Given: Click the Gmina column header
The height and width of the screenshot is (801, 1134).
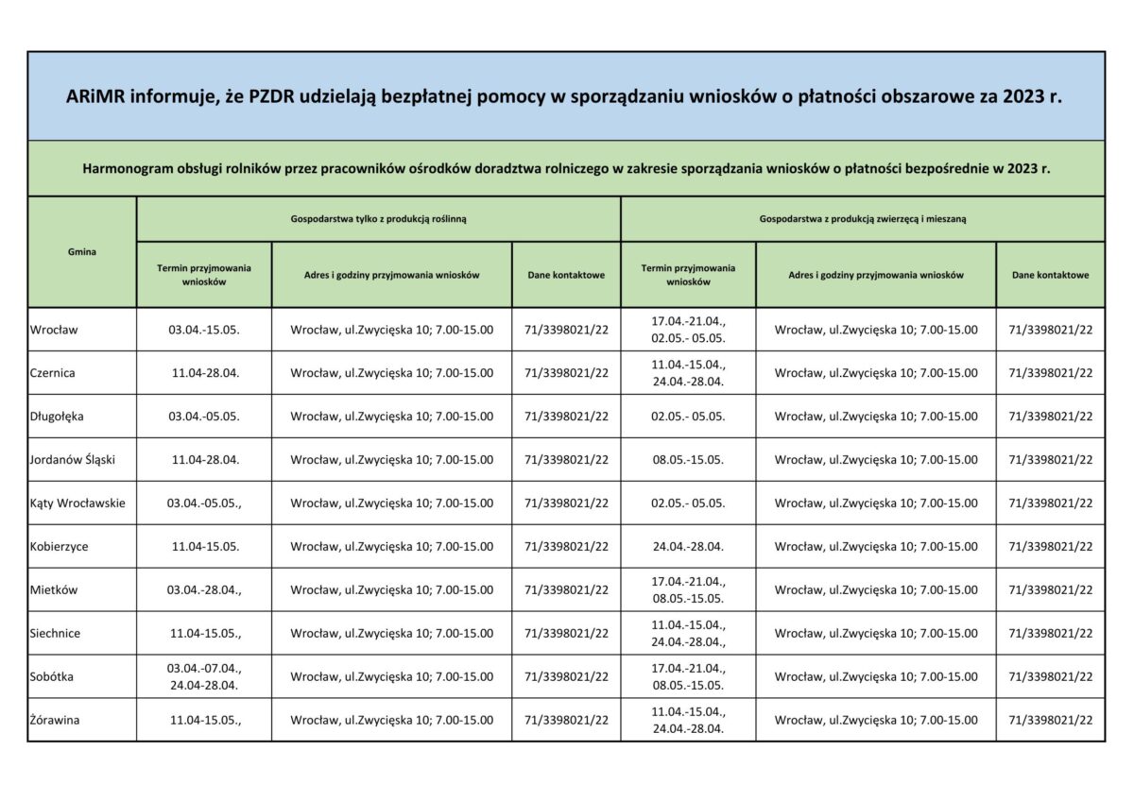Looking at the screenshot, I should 82,252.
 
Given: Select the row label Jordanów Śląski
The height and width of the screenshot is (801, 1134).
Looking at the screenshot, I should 72,460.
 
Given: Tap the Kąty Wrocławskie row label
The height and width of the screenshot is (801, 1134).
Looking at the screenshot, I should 77,503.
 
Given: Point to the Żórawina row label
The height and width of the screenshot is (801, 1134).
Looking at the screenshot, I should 55,720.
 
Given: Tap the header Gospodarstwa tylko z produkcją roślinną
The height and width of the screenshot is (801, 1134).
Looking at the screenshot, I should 378,218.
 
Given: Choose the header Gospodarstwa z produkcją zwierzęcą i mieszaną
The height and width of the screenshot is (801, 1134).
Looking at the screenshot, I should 862,218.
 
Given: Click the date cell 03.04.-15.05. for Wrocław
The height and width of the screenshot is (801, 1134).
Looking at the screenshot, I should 204,331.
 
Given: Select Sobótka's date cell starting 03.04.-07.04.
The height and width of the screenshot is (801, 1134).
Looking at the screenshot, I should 204,676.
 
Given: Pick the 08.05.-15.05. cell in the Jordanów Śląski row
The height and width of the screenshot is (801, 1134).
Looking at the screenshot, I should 688,460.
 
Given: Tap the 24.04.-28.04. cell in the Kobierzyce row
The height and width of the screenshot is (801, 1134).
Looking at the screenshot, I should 688,547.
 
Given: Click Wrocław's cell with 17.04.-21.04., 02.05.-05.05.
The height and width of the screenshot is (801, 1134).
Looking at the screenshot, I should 688,330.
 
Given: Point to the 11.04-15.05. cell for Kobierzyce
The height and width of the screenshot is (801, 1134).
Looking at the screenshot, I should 204,547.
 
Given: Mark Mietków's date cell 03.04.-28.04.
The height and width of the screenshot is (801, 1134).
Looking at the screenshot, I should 204,590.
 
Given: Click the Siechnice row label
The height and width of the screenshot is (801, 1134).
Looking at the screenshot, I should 55,633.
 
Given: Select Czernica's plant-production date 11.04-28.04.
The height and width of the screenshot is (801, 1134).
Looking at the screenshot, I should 204,373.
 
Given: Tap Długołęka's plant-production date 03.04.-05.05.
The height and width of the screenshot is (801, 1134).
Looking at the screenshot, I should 204,417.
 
